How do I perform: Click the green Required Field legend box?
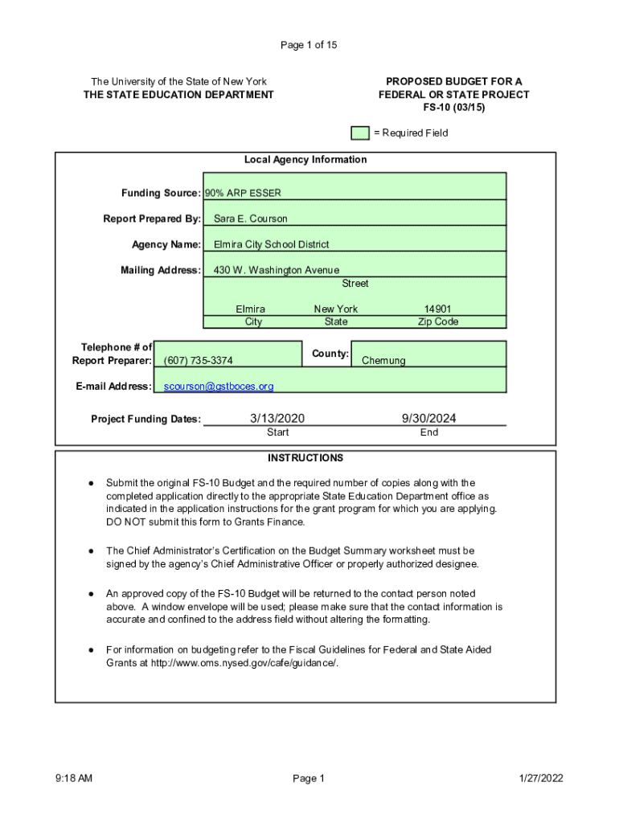coord(360,133)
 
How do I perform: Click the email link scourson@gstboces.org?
coord(219,387)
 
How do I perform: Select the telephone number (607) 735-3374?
coord(199,361)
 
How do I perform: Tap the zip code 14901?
coord(437,309)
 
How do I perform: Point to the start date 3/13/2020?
coord(277,418)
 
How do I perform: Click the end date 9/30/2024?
coord(429,418)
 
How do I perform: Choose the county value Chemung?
coord(383,361)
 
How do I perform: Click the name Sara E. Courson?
coord(250,219)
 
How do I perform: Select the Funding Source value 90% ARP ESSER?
coord(243,193)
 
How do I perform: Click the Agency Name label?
coord(166,244)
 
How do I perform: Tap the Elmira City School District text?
coord(271,244)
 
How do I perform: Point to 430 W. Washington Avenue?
coord(276,270)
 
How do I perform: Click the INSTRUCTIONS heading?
coord(305,458)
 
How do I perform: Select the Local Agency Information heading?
coord(305,160)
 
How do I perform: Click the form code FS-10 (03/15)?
coord(454,108)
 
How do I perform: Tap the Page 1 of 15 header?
coord(309,45)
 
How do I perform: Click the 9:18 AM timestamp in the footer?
coord(74,778)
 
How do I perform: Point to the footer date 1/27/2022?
coord(542,778)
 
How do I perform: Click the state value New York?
coord(336,309)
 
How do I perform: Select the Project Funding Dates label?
coord(146,420)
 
